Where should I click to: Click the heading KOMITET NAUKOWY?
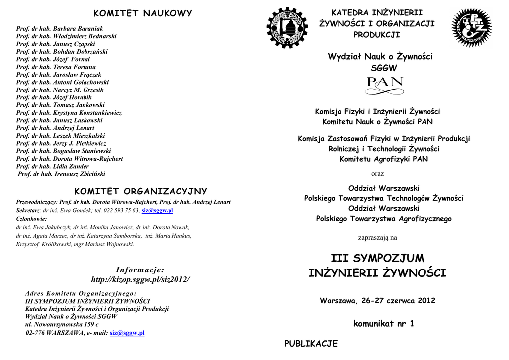pos(143,13)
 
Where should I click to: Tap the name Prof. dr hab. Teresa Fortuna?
pos(56,67)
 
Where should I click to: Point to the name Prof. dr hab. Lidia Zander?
pos(53,166)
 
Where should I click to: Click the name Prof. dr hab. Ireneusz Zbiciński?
pos(62,174)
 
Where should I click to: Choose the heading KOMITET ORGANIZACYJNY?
pos(141,191)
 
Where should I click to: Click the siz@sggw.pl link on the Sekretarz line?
pos(157,211)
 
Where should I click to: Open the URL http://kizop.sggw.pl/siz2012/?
pos(140,280)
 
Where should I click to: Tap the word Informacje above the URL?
pos(140,270)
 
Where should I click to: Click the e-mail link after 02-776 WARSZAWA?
pos(127,333)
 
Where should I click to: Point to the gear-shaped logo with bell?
pos(287,28)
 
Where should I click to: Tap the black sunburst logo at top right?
pos(471,28)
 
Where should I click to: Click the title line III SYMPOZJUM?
pos(377,258)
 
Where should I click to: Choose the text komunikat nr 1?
pos(383,324)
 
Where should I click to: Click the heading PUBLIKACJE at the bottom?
pos(311,344)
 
